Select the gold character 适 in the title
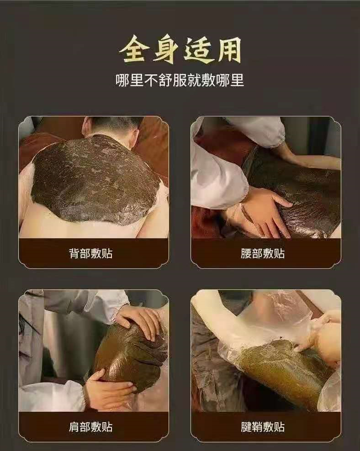point(197,50)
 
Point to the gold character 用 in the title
point(228,50)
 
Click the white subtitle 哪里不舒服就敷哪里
point(180,80)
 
